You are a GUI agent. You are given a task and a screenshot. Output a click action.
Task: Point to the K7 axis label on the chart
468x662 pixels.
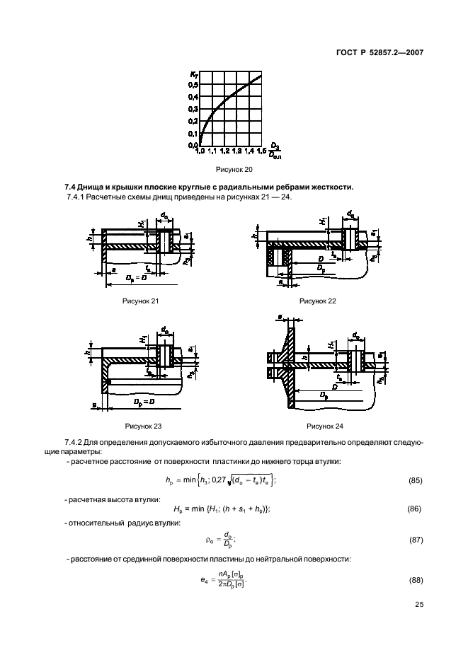point(193,74)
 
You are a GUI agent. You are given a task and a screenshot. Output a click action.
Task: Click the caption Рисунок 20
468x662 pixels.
point(234,170)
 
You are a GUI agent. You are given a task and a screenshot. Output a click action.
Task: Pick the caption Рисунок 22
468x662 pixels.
point(317,301)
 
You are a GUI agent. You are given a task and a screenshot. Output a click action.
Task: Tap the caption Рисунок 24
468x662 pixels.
point(324,426)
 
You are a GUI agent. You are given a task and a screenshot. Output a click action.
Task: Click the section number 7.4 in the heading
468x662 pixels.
point(72,186)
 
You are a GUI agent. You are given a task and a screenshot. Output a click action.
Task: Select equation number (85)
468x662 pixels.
point(416,481)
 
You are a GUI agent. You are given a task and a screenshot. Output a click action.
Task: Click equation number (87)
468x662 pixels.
point(416,540)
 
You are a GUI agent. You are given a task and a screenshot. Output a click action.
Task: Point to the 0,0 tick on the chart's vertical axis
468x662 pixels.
point(193,145)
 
